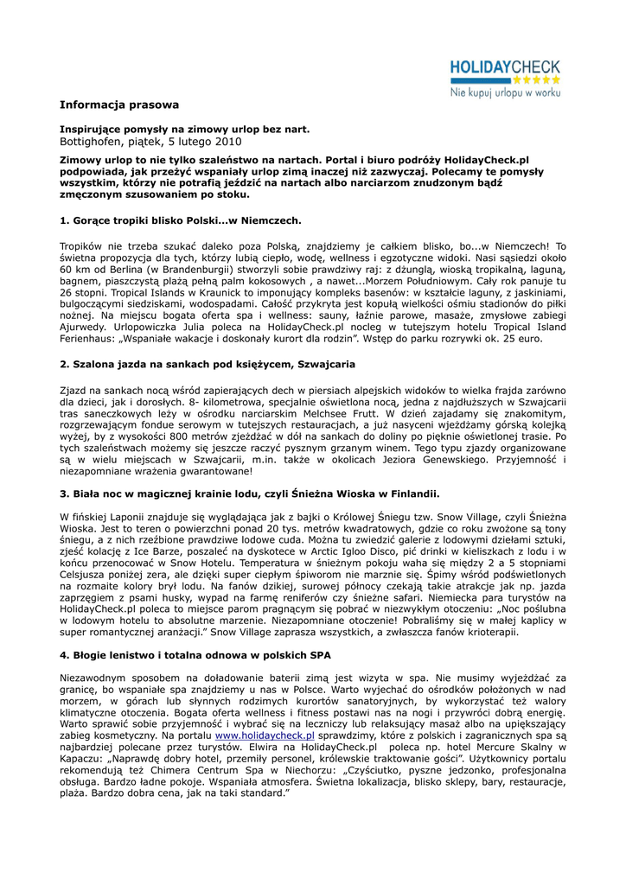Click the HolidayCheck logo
coord(504,67)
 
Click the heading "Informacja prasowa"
coord(119,105)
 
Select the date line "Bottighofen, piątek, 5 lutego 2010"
coord(150,141)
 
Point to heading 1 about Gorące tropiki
coord(181,221)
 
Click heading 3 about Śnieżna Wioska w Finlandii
coord(250,494)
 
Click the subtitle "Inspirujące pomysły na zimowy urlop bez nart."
coord(184,129)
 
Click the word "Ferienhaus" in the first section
coord(90,339)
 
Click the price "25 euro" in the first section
coord(521,339)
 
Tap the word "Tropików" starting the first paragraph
coord(84,246)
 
